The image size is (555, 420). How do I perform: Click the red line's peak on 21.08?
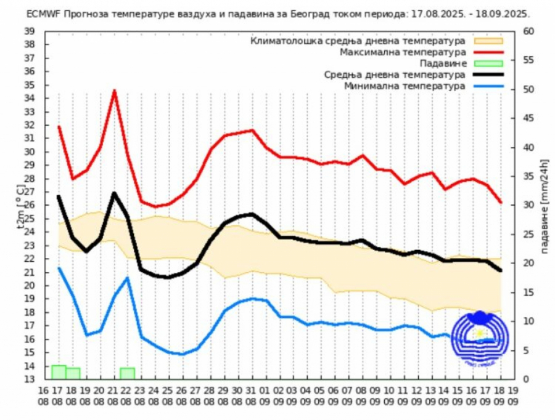pyautogui.click(x=114, y=91)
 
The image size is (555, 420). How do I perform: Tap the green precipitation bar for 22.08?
pyautogui.click(x=128, y=373)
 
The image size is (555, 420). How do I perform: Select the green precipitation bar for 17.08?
pyautogui.click(x=59, y=372)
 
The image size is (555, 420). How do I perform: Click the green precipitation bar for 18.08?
pyautogui.click(x=73, y=373)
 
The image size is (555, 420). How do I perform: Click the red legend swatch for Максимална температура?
pyautogui.click(x=489, y=52)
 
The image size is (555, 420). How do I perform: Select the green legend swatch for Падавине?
pyautogui.click(x=489, y=63)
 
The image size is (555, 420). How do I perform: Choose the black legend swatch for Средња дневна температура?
pyautogui.click(x=489, y=75)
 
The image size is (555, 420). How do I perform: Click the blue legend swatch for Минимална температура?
pyautogui.click(x=489, y=86)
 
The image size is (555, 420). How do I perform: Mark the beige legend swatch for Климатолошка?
pyautogui.click(x=489, y=41)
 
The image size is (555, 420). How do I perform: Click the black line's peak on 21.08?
pyautogui.click(x=114, y=193)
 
